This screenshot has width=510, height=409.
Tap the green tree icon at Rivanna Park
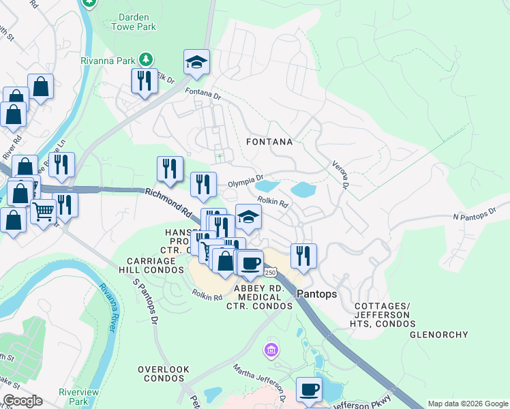click(x=145, y=59)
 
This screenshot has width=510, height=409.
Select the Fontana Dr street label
click(x=203, y=94)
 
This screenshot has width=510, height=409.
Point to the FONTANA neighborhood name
click(x=269, y=142)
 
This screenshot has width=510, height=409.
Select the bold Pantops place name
click(x=317, y=293)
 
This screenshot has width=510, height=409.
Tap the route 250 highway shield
click(x=271, y=273)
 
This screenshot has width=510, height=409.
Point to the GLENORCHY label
click(x=438, y=335)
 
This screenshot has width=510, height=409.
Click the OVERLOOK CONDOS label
click(x=163, y=374)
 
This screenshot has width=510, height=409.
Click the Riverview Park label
click(x=79, y=397)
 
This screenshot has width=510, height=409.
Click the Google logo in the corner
click(x=22, y=401)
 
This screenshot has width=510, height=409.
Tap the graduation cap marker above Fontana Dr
click(x=196, y=62)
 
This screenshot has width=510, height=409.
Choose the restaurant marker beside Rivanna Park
click(x=145, y=80)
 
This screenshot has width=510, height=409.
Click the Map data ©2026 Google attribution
click(x=467, y=404)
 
